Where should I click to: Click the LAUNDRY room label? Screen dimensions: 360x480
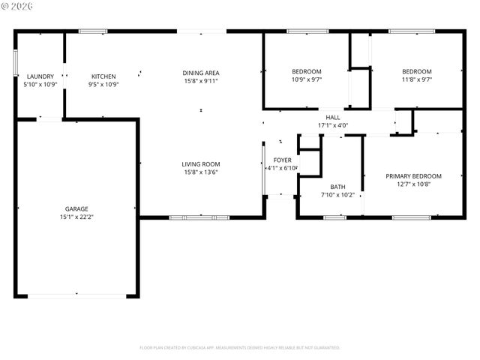40,76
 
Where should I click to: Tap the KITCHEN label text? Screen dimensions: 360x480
103,76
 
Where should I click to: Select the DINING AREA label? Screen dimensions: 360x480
201,73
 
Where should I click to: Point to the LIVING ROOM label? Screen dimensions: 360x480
200,164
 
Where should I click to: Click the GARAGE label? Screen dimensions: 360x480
76,208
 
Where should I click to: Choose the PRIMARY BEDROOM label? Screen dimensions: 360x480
413,176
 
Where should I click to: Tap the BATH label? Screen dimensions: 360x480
337,187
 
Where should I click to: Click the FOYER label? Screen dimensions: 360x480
282,160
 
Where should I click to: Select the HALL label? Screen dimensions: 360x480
333,117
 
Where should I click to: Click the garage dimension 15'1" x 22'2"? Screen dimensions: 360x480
76,217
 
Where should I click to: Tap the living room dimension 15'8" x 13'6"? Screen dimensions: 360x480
200,172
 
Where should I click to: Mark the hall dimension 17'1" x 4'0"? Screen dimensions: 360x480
333,124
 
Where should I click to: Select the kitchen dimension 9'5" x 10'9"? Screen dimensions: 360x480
103,84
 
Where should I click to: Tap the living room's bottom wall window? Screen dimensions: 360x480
199,217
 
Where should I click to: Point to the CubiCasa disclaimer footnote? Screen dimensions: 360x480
240,347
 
